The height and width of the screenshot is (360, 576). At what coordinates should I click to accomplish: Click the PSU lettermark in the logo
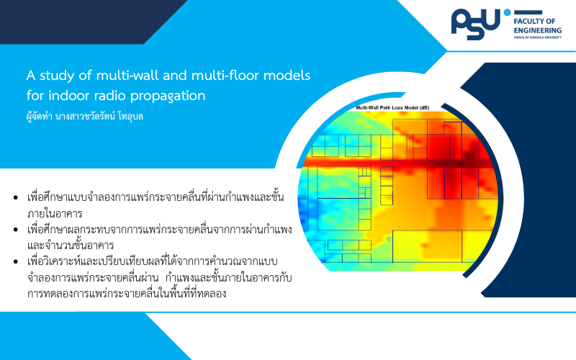(x=476, y=24)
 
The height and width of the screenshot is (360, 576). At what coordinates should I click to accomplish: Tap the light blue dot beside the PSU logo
(x=508, y=12)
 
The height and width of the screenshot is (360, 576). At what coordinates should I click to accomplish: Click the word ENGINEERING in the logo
(x=537, y=30)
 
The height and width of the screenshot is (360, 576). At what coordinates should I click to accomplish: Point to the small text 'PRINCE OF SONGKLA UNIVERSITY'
(x=537, y=37)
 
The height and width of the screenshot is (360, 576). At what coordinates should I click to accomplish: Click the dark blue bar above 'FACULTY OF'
(x=528, y=12)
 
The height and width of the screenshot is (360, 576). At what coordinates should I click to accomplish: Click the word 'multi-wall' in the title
(x=127, y=76)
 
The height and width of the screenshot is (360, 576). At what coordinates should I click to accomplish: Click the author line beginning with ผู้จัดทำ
(x=84, y=117)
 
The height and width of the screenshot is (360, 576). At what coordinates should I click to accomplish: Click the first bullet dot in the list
(x=15, y=197)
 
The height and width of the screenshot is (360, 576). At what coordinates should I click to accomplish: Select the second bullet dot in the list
(x=15, y=230)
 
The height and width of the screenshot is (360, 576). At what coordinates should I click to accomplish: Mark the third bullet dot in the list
(x=15, y=261)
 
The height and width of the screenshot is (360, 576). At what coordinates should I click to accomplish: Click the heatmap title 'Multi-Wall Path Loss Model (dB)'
(x=392, y=107)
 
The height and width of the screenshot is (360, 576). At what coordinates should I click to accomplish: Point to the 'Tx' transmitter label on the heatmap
(x=461, y=166)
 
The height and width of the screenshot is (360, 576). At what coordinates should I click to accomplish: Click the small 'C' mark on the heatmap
(x=389, y=239)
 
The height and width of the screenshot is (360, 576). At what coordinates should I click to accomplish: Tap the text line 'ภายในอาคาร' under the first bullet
(x=55, y=213)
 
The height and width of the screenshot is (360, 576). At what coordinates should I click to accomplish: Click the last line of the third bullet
(x=127, y=294)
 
